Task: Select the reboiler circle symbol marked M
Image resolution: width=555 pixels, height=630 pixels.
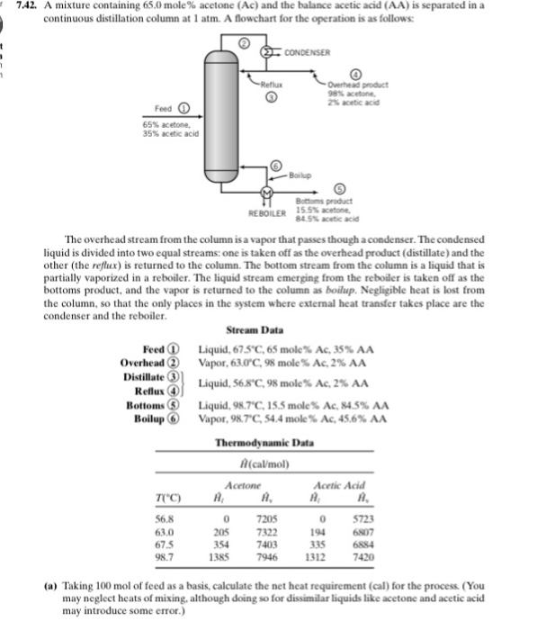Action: pos(267,193)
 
